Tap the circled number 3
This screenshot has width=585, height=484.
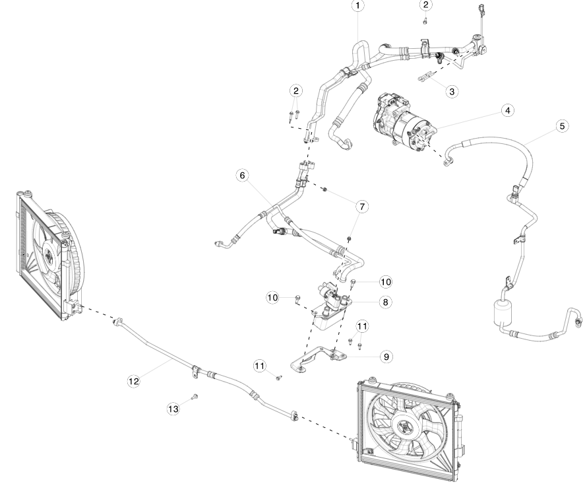click(452, 92)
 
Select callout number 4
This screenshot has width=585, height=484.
click(507, 110)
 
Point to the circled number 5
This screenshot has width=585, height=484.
click(562, 125)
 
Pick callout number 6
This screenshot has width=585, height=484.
click(242, 175)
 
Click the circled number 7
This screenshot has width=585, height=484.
click(361, 207)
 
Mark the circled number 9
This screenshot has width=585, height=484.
click(386, 356)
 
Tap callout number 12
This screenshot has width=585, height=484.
click(134, 380)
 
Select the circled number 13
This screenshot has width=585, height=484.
click(173, 409)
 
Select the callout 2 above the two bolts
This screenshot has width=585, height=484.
click(296, 90)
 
